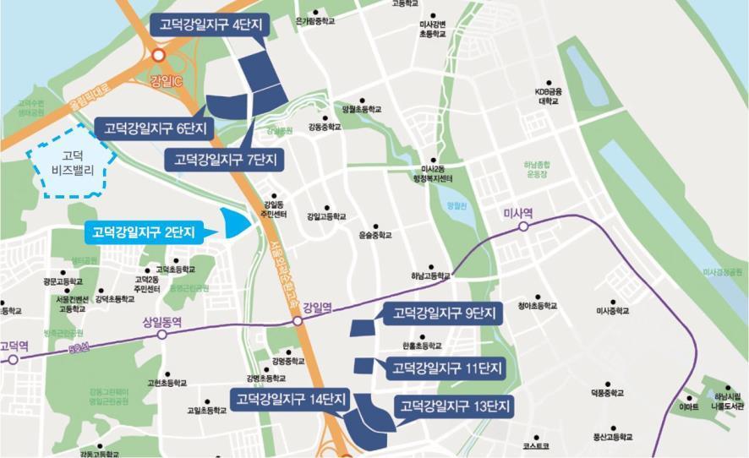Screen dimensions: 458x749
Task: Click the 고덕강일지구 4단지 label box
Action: click(209, 25)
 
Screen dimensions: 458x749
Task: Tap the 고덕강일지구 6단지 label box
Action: click(154, 128)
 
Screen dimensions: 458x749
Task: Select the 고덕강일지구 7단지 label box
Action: click(225, 160)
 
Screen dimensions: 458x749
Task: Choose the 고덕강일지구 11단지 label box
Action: click(445, 368)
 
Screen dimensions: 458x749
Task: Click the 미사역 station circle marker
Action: click(523, 226)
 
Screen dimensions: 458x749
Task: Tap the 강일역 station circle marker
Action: click(298, 322)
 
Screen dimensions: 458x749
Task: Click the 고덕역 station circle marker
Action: click(13, 359)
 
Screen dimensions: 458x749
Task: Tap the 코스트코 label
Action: click(536, 445)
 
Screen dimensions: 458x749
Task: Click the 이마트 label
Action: click(689, 406)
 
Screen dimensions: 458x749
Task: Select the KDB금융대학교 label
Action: click(549, 95)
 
